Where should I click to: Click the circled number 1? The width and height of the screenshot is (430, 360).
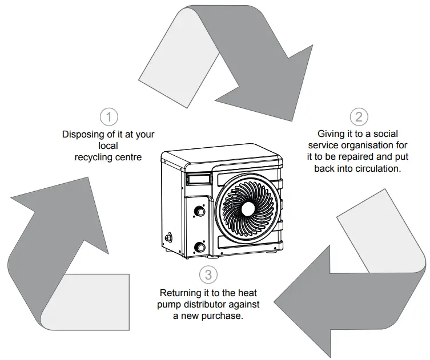109,117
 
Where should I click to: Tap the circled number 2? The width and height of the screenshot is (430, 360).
359,117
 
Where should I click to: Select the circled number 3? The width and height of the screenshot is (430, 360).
208,274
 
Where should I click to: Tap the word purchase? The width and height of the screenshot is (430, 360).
225,315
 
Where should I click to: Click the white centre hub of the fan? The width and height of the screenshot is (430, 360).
247,208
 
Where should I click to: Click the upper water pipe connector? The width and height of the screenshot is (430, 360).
200,212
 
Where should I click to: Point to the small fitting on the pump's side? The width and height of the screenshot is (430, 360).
168,236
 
